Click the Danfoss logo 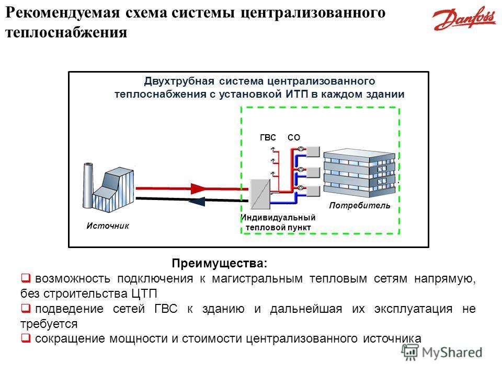pyautogui.click(x=464, y=20)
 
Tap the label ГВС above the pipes pyautogui.click(x=267, y=137)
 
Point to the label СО pyautogui.click(x=294, y=137)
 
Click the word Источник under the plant pyautogui.click(x=107, y=226)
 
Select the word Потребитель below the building pyautogui.click(x=360, y=206)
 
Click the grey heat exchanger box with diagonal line pyautogui.click(x=260, y=194)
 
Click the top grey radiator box pyautogui.click(x=314, y=151)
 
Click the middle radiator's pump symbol pyautogui.click(x=302, y=169)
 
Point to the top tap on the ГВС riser pyautogui.click(x=273, y=149)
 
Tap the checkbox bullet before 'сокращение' pyautogui.click(x=25, y=338)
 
